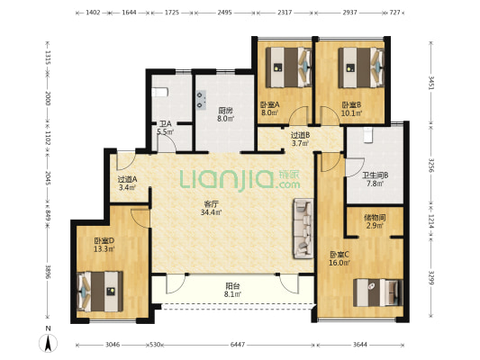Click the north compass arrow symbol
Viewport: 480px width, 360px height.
coord(48,343)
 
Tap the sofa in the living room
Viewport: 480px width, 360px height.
coord(303,229)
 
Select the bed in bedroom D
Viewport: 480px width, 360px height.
coord(100,292)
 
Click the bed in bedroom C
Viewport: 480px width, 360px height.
coord(377,292)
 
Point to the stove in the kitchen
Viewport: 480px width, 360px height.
coord(201,100)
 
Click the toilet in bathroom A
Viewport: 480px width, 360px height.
coord(159,92)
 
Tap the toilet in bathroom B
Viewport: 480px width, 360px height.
coord(368,136)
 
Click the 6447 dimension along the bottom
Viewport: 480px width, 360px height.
coord(238,345)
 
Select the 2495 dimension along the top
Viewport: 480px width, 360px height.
coord(225,13)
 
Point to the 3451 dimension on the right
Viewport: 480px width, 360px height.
coord(431,83)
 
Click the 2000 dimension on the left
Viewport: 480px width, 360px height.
coord(48,98)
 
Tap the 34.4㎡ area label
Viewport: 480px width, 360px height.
coord(212,212)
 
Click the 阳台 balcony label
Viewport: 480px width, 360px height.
coord(232,286)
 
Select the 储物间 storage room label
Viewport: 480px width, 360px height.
coord(375,218)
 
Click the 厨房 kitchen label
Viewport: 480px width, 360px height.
coord(225,110)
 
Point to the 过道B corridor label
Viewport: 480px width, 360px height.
coord(300,135)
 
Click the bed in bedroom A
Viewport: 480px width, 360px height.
coord(288,67)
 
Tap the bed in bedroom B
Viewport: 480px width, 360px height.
coord(360,67)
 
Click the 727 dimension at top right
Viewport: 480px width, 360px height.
coord(395,13)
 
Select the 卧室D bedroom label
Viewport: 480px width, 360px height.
coord(104,240)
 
